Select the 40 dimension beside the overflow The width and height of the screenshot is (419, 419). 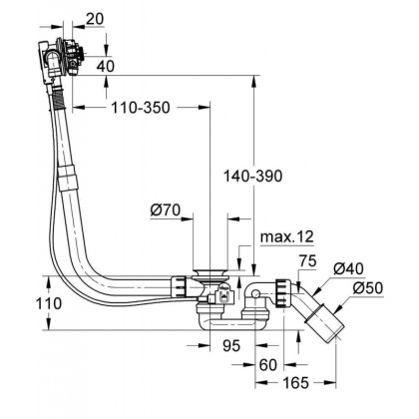(103, 66)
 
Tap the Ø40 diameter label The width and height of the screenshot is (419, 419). (348, 267)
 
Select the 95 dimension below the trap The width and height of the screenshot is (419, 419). (229, 346)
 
